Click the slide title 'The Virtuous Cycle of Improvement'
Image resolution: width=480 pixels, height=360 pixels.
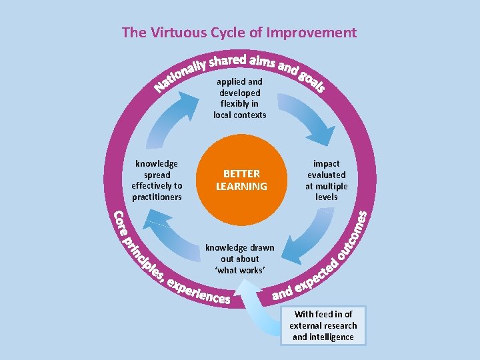[239, 32]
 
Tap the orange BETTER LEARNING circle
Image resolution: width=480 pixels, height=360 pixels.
[241, 180]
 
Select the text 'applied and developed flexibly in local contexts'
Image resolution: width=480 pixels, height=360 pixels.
[240, 99]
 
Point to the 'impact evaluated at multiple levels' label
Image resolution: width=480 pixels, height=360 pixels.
[326, 180]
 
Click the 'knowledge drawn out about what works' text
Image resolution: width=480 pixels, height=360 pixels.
[240, 259]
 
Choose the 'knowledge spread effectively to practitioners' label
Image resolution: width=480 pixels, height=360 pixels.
[157, 180]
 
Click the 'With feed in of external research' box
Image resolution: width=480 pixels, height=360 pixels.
[323, 326]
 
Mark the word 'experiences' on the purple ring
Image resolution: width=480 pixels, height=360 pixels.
[199, 292]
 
